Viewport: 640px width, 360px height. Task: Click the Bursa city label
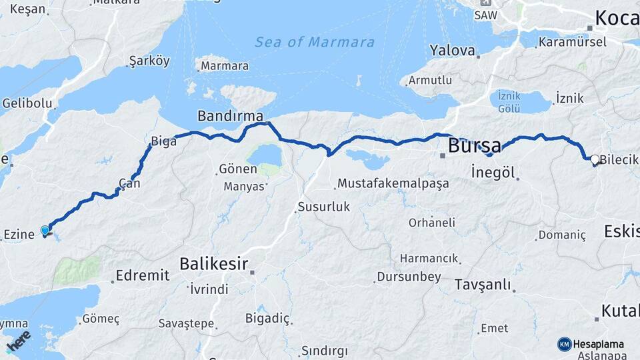coord(475,145)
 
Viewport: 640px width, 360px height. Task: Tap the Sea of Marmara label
coord(315,42)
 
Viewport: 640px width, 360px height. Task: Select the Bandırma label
coord(230,116)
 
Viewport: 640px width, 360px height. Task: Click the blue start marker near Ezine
coord(45,231)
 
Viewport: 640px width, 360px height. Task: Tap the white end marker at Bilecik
coord(594,159)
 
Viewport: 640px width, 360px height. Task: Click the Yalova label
coord(452,51)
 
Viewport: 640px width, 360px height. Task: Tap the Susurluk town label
coord(323,207)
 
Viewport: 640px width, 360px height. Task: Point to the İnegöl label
coord(493,171)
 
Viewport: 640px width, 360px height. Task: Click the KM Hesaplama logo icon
coord(565,344)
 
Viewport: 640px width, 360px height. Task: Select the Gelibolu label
coord(27,103)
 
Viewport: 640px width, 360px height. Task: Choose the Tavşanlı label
coord(483,285)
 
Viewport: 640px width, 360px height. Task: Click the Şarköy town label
coord(149,61)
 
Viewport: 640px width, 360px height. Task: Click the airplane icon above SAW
coord(483,3)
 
